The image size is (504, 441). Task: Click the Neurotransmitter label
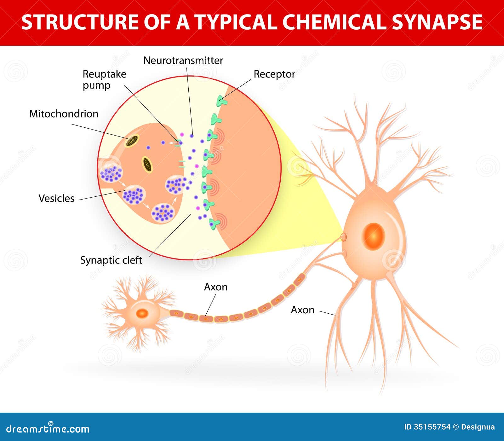(x=183, y=60)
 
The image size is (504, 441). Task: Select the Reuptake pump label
(x=104, y=79)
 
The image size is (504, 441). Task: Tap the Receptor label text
(x=274, y=74)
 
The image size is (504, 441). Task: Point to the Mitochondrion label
(x=64, y=113)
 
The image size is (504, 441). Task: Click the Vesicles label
(x=56, y=198)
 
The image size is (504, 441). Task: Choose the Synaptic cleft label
(x=111, y=260)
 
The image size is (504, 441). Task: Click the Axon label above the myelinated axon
(x=215, y=287)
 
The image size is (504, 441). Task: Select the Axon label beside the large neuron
(x=302, y=310)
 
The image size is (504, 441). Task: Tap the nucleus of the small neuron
(x=142, y=313)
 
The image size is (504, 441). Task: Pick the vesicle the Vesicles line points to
(x=135, y=194)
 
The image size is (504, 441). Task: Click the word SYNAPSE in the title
(x=437, y=22)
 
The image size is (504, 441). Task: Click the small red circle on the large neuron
(x=344, y=237)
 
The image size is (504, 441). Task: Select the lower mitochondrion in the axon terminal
(x=147, y=165)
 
